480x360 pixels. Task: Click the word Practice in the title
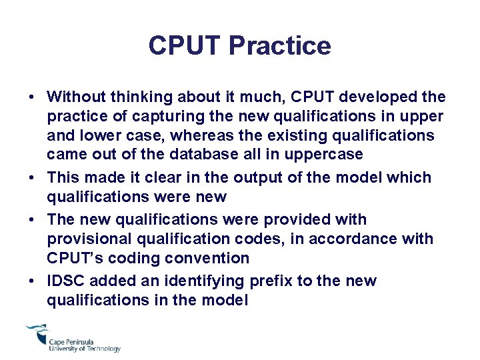point(279,45)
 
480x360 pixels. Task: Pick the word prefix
point(271,281)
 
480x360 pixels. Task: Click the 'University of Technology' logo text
point(85,349)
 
